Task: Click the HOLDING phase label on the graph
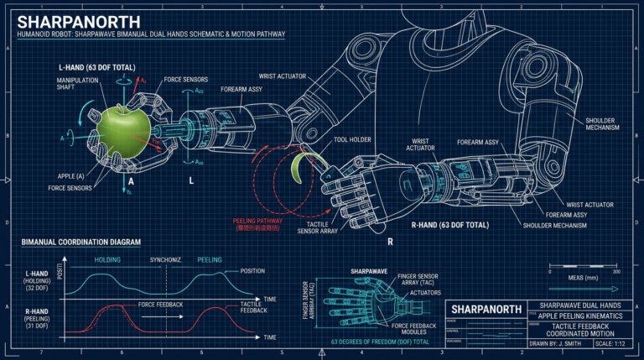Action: pos(108,260)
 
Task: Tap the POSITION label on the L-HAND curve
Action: pos(252,271)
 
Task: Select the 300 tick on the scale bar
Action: pos(616,272)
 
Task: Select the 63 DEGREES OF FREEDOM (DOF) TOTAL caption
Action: pos(381,342)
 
